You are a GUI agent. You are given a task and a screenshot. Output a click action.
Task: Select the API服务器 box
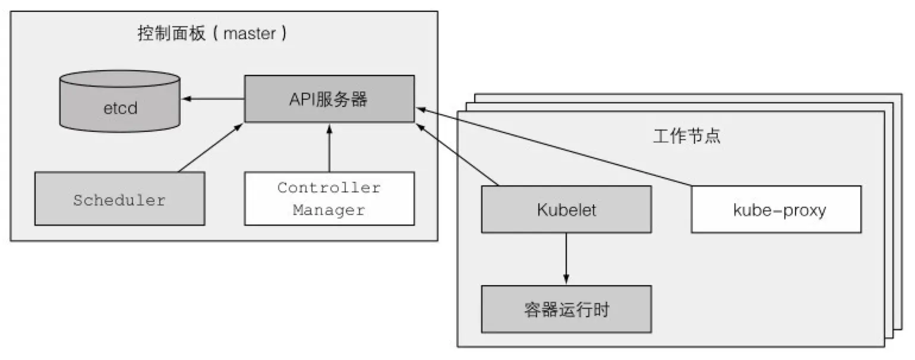click(329, 99)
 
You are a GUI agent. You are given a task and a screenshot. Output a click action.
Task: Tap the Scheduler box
click(119, 199)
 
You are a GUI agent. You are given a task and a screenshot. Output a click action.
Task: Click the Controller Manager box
click(329, 198)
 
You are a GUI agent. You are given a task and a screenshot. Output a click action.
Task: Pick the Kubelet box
click(566, 209)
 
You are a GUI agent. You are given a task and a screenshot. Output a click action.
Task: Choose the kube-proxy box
click(775, 209)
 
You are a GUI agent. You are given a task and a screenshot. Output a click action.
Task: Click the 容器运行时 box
click(566, 309)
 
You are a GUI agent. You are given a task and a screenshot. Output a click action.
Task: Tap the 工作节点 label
click(686, 136)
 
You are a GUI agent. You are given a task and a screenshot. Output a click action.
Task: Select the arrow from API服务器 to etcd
click(214, 99)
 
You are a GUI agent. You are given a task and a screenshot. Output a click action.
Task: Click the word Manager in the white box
click(329, 210)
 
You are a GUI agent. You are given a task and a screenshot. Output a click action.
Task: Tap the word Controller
click(329, 188)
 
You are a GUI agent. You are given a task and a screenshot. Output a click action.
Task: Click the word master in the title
click(250, 34)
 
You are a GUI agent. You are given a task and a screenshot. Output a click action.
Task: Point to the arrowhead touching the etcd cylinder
click(186, 99)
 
